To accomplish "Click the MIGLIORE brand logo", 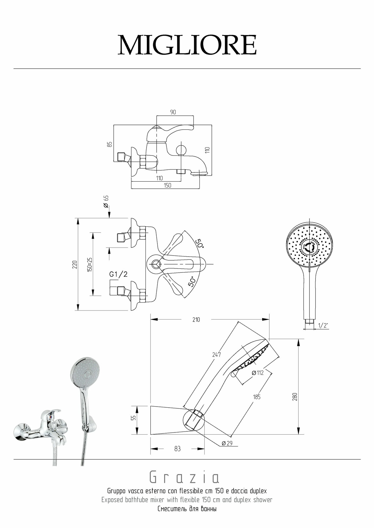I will [x=187, y=45].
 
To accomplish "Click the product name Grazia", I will [x=185, y=478].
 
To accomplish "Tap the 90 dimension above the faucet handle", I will [x=173, y=112].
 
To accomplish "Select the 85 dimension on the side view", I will [x=110, y=144].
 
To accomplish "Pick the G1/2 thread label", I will [x=118, y=275].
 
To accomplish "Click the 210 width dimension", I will [x=196, y=319].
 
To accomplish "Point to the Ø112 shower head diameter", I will [x=258, y=373].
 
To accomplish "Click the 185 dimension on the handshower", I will [x=257, y=397].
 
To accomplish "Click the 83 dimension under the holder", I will [x=177, y=449].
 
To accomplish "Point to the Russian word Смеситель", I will [x=170, y=509].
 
